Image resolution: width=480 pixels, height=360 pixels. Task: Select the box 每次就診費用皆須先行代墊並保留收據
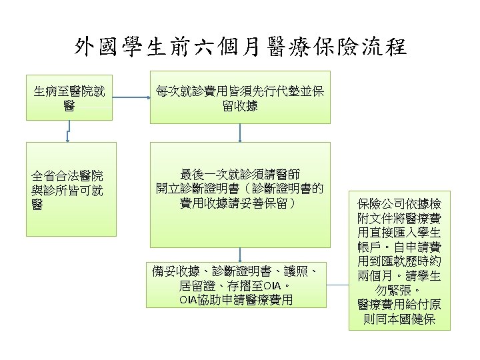point(239,97)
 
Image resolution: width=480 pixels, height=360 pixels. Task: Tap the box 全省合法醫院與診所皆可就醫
point(71,189)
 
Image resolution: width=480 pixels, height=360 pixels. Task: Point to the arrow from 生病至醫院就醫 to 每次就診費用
point(132,97)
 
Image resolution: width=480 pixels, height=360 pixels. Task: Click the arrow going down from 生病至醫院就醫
point(67,133)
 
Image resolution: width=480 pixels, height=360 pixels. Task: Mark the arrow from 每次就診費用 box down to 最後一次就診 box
point(239,133)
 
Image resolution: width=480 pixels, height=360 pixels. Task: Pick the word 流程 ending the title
point(385,47)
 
